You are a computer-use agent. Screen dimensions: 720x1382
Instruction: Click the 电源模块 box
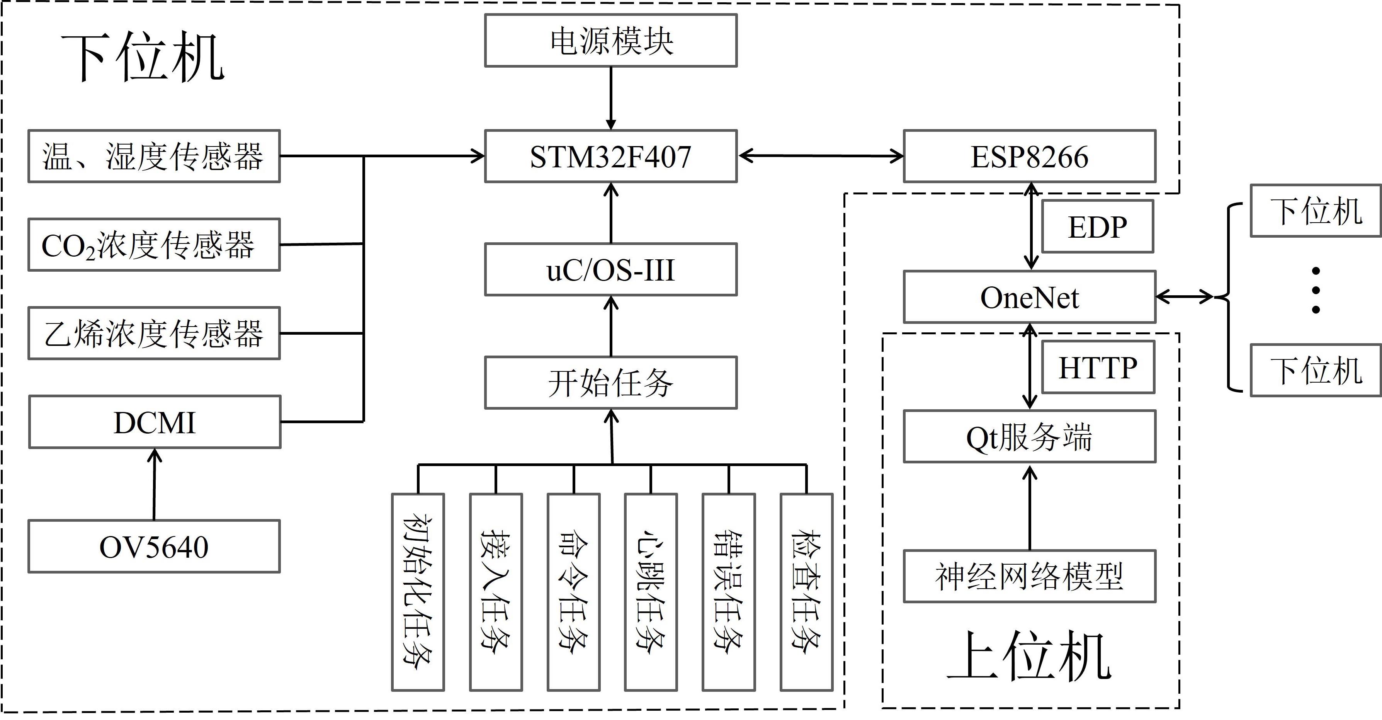(x=610, y=41)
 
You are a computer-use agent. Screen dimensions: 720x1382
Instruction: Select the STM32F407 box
(x=610, y=156)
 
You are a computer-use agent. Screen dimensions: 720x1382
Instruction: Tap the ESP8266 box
(x=1029, y=156)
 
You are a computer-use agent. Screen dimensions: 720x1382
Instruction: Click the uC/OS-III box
(x=610, y=269)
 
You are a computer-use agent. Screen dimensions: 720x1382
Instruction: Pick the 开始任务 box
(x=610, y=383)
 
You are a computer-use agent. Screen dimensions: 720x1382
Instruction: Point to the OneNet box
(x=1029, y=297)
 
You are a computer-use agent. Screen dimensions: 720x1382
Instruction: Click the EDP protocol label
(x=1097, y=226)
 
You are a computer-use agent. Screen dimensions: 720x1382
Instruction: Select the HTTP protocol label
(x=1098, y=368)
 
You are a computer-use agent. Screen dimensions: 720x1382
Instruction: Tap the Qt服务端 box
(x=1029, y=437)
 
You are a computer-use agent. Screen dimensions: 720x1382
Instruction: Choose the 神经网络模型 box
(x=1029, y=576)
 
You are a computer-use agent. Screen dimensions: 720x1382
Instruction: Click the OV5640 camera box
(x=154, y=546)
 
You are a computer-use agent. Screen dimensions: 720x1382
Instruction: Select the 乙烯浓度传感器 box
(x=154, y=333)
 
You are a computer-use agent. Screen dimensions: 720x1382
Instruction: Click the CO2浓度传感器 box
(x=154, y=245)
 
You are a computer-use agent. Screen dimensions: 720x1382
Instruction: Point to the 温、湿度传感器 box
(x=154, y=156)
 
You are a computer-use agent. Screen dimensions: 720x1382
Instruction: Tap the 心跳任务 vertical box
(x=651, y=592)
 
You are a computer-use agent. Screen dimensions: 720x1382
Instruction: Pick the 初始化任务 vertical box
(x=418, y=592)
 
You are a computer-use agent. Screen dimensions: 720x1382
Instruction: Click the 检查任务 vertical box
(x=806, y=592)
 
